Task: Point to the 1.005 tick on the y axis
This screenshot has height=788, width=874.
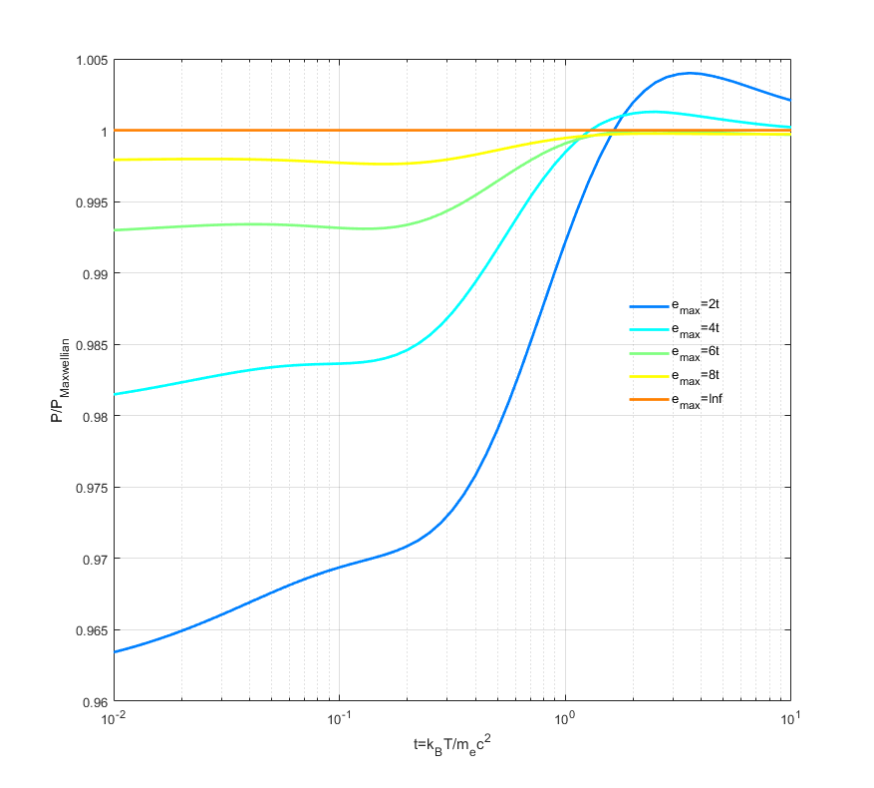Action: (89, 60)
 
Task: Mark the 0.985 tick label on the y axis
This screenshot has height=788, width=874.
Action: (89, 345)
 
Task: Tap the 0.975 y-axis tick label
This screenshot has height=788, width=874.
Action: (89, 488)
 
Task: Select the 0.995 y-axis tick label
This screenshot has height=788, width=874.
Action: (89, 202)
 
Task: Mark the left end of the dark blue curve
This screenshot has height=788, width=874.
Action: (115, 652)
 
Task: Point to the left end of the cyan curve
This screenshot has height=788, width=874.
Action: (115, 394)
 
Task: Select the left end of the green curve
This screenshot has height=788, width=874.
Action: (115, 230)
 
